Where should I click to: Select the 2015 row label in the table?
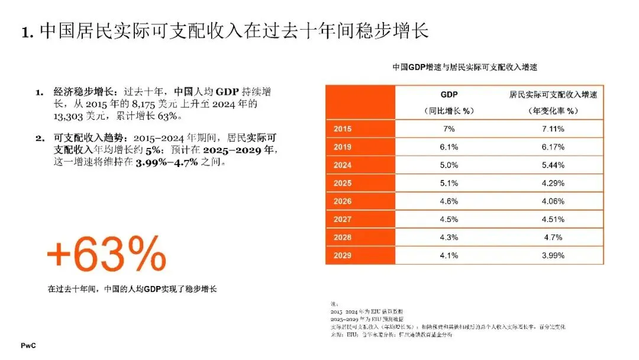[343, 128]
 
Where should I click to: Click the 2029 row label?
[343, 256]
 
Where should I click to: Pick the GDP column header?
[449, 95]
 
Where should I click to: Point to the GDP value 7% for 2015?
[449, 128]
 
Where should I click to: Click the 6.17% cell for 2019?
[553, 147]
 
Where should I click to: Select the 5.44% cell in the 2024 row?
[553, 165]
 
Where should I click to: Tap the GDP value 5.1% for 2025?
[449, 184]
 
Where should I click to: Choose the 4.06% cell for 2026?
[553, 201]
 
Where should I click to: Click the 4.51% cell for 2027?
[553, 220]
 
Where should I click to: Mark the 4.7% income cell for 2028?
[553, 238]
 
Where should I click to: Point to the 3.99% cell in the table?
[553, 256]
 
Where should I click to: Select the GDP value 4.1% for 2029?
[449, 256]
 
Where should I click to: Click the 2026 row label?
[343, 201]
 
